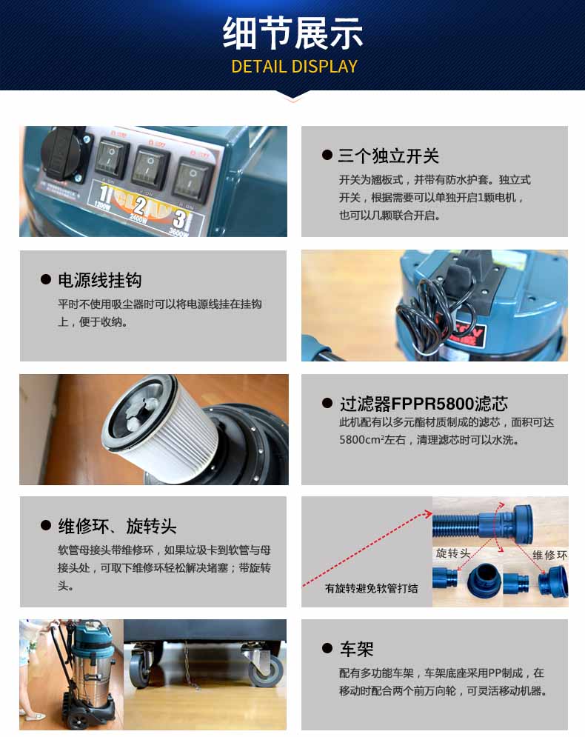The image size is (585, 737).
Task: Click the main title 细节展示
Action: (292, 33)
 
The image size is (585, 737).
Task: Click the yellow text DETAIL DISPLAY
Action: (294, 67)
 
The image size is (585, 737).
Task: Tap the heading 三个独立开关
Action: (388, 156)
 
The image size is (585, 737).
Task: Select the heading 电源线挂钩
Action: (100, 280)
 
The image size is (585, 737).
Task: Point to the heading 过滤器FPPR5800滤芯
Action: (424, 403)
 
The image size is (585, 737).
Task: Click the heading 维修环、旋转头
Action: (117, 526)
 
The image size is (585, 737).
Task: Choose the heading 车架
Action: (356, 649)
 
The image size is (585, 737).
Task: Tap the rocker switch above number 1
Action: (112, 158)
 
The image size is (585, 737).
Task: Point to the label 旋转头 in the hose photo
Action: (453, 553)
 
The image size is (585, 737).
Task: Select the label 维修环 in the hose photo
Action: (549, 555)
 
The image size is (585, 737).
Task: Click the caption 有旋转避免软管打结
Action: (371, 588)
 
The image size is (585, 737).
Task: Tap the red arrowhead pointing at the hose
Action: (427, 513)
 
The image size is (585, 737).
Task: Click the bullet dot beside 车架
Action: (327, 649)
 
